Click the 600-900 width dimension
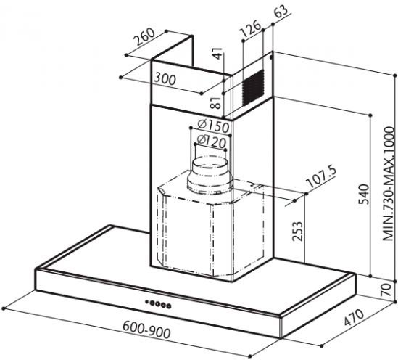coord(146,330)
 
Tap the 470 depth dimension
coord(354,318)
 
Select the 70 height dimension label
coord(386,290)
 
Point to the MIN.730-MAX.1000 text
coord(389,184)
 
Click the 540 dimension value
coord(363,195)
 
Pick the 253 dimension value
coord(297,232)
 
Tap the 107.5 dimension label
coord(321,176)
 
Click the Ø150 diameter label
coord(213,126)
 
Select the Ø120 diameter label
coord(211,142)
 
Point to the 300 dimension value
coord(165,79)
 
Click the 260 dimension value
coord(144,36)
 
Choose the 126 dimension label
coord(251,28)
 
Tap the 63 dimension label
coord(281,11)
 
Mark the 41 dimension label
coord(217,54)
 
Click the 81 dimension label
coord(216,102)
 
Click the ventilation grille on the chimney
coord(252,88)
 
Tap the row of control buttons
coord(158,304)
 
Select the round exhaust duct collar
coord(210,176)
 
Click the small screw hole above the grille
coord(271,57)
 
